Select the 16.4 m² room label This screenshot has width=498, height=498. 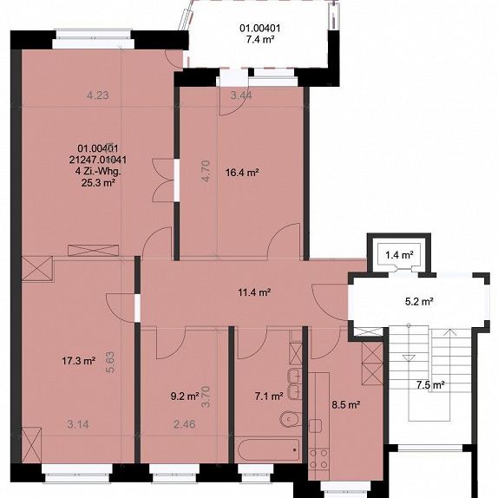(242, 173)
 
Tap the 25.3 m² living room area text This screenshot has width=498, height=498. (97, 183)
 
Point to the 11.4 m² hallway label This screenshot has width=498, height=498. (254, 292)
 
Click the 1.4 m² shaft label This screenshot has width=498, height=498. (397, 254)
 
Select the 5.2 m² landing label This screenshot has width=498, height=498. (419, 303)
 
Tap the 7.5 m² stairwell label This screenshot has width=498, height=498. (431, 384)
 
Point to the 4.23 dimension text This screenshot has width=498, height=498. (99, 95)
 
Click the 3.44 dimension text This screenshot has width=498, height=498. (240, 95)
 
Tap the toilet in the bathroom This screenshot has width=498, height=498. (288, 419)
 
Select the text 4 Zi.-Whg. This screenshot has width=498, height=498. (97, 171)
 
